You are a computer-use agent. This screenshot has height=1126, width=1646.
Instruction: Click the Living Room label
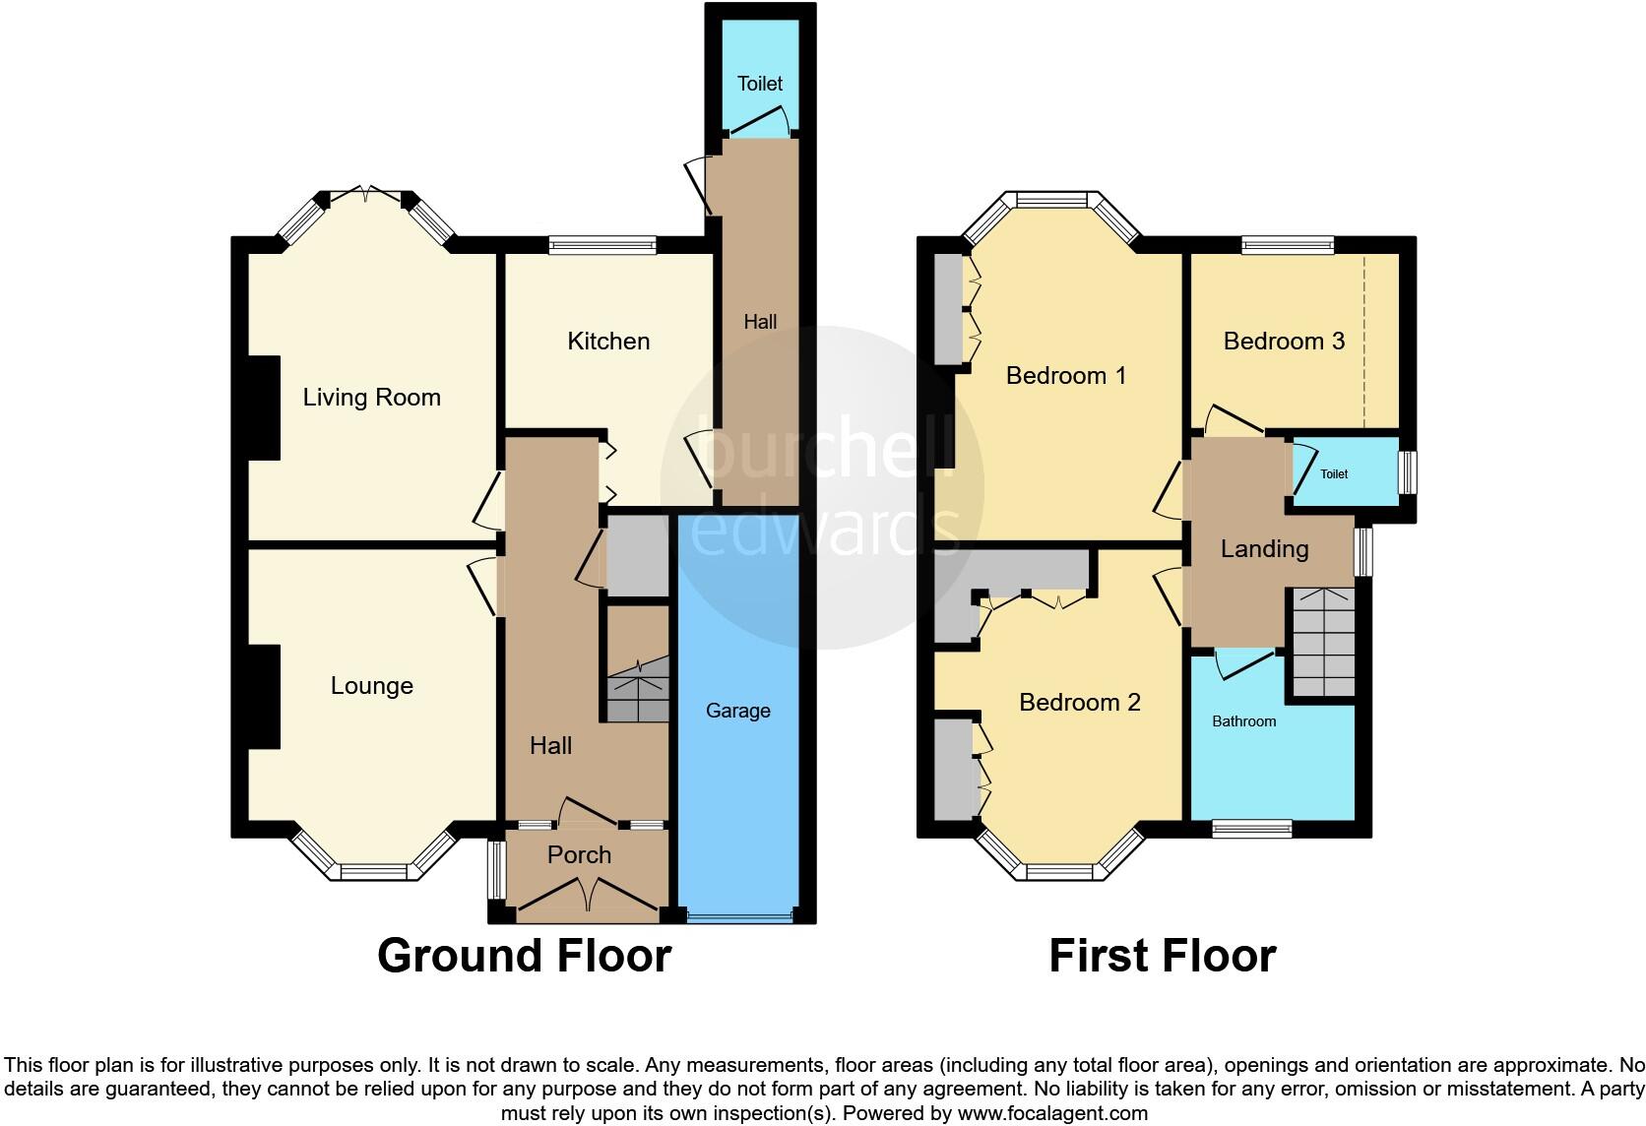[x=371, y=398]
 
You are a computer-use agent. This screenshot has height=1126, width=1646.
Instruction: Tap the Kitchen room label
[x=608, y=342]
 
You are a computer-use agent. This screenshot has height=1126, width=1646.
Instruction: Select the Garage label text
[x=737, y=711]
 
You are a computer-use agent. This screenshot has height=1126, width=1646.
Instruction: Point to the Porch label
[x=579, y=854]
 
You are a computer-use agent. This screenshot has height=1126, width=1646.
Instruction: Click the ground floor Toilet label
[x=760, y=84]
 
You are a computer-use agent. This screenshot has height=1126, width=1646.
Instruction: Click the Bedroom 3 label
[x=1284, y=342]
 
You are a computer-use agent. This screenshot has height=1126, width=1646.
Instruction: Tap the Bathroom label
[x=1243, y=721]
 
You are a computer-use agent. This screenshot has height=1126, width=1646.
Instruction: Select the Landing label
[x=1264, y=549]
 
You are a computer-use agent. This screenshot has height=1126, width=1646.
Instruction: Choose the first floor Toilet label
[x=1334, y=474]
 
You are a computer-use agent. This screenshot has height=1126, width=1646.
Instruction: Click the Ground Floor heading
[x=524, y=956]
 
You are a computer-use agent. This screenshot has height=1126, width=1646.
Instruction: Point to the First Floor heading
[x=1162, y=956]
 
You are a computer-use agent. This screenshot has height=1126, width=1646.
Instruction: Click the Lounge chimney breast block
[x=264, y=697]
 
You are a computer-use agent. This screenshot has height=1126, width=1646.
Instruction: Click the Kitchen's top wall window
[x=602, y=245]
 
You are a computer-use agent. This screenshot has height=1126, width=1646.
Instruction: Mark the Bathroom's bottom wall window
[x=1251, y=829]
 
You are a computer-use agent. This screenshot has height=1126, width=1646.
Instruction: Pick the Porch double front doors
[x=588, y=896]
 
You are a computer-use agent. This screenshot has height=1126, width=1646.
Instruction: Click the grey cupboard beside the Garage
[x=637, y=555]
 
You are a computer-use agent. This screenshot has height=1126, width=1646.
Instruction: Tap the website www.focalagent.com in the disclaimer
[x=1052, y=1114]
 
